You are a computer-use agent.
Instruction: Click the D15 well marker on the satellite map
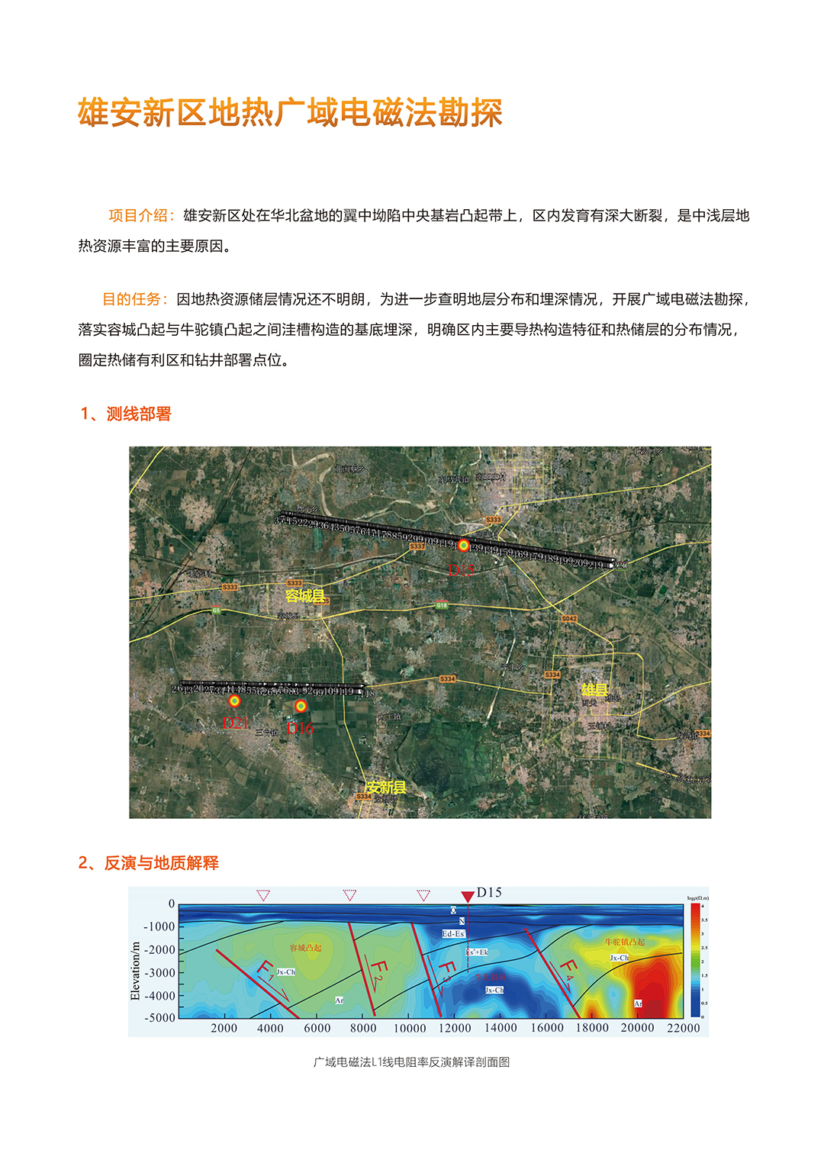tap(463, 545)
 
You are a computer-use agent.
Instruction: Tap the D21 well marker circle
tap(234, 701)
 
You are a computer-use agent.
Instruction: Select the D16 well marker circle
tap(301, 706)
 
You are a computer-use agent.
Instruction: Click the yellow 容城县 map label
tap(304, 595)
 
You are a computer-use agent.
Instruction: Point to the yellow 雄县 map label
tap(594, 690)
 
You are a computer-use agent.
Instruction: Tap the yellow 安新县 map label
tap(385, 787)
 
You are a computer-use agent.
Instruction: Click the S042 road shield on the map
tap(569, 618)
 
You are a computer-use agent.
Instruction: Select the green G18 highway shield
tap(442, 605)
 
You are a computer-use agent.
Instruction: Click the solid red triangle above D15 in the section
tap(468, 897)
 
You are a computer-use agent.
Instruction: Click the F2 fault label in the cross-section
tap(379, 975)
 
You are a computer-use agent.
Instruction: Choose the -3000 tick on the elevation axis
tap(161, 972)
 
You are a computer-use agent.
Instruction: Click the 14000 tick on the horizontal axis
tap(501, 1028)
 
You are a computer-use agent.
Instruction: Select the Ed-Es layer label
tap(453, 933)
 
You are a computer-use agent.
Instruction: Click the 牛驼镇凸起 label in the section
tap(625, 942)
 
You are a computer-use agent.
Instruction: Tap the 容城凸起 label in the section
tap(305, 948)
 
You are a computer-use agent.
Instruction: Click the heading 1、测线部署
tap(126, 414)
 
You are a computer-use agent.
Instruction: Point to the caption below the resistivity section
tap(411, 1062)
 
